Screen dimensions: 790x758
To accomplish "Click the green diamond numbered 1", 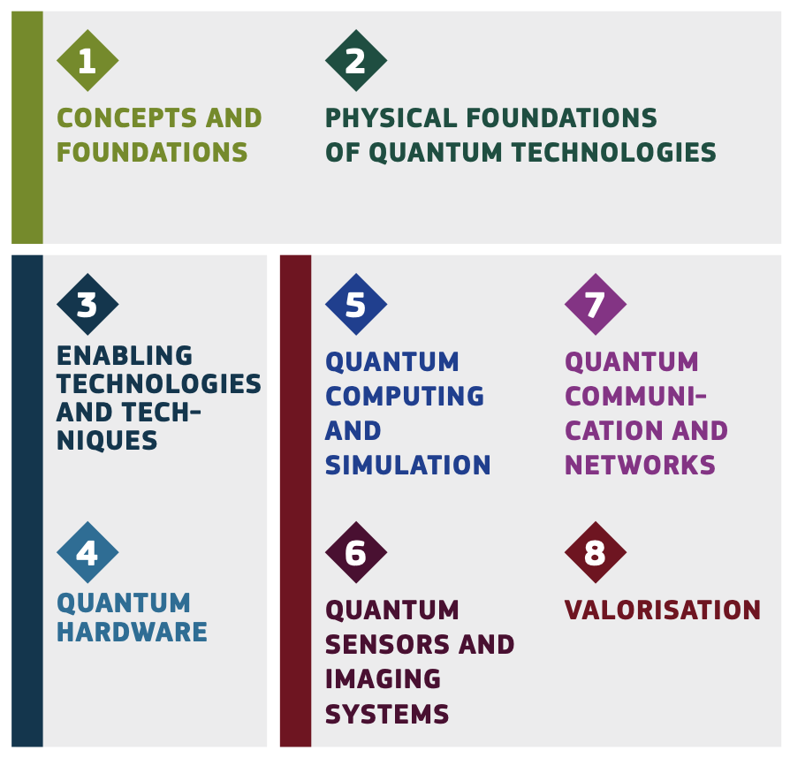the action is tap(87, 60).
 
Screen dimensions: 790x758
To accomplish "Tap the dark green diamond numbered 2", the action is tap(356, 60).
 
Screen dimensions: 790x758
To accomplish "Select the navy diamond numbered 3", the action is tap(87, 304).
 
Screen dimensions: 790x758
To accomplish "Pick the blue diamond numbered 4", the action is tap(87, 552).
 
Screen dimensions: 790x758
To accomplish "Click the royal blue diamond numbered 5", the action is tap(356, 304).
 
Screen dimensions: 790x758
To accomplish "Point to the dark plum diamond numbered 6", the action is tap(356, 552).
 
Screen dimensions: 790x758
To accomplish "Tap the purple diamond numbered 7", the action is tap(596, 304).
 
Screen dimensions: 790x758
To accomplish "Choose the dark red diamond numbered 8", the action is tap(596, 552).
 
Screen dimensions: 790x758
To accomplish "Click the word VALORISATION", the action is tap(663, 610).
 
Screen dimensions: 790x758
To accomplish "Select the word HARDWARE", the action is tap(132, 632).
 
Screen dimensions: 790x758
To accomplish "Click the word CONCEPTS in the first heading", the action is tap(126, 117).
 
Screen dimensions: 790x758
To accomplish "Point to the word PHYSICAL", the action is tap(391, 117).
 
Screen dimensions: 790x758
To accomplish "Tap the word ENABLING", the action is tap(125, 355).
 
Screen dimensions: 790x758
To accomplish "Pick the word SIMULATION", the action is tap(407, 465).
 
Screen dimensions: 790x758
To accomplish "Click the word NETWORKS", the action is tap(640, 465).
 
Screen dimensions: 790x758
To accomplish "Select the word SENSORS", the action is tap(387, 645).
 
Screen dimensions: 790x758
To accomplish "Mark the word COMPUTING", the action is tap(405, 397).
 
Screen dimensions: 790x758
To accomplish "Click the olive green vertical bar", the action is tap(27, 127).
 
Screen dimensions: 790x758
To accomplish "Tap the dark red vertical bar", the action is tap(296, 501).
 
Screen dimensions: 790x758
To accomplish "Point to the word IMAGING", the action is tap(383, 678).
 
